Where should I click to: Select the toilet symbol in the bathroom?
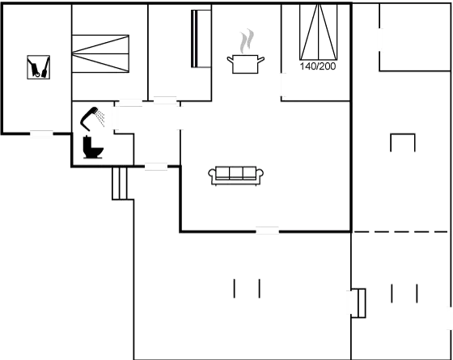pos(91,146)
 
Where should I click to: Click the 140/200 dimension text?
pos(317,66)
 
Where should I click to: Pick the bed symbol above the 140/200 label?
pos(317,32)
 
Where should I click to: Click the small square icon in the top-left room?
pos(38,67)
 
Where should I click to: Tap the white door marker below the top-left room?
pos(41,134)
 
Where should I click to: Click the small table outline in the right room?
pos(403,142)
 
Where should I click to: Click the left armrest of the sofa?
pos(212,175)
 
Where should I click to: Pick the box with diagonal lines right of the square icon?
pos(100,53)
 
